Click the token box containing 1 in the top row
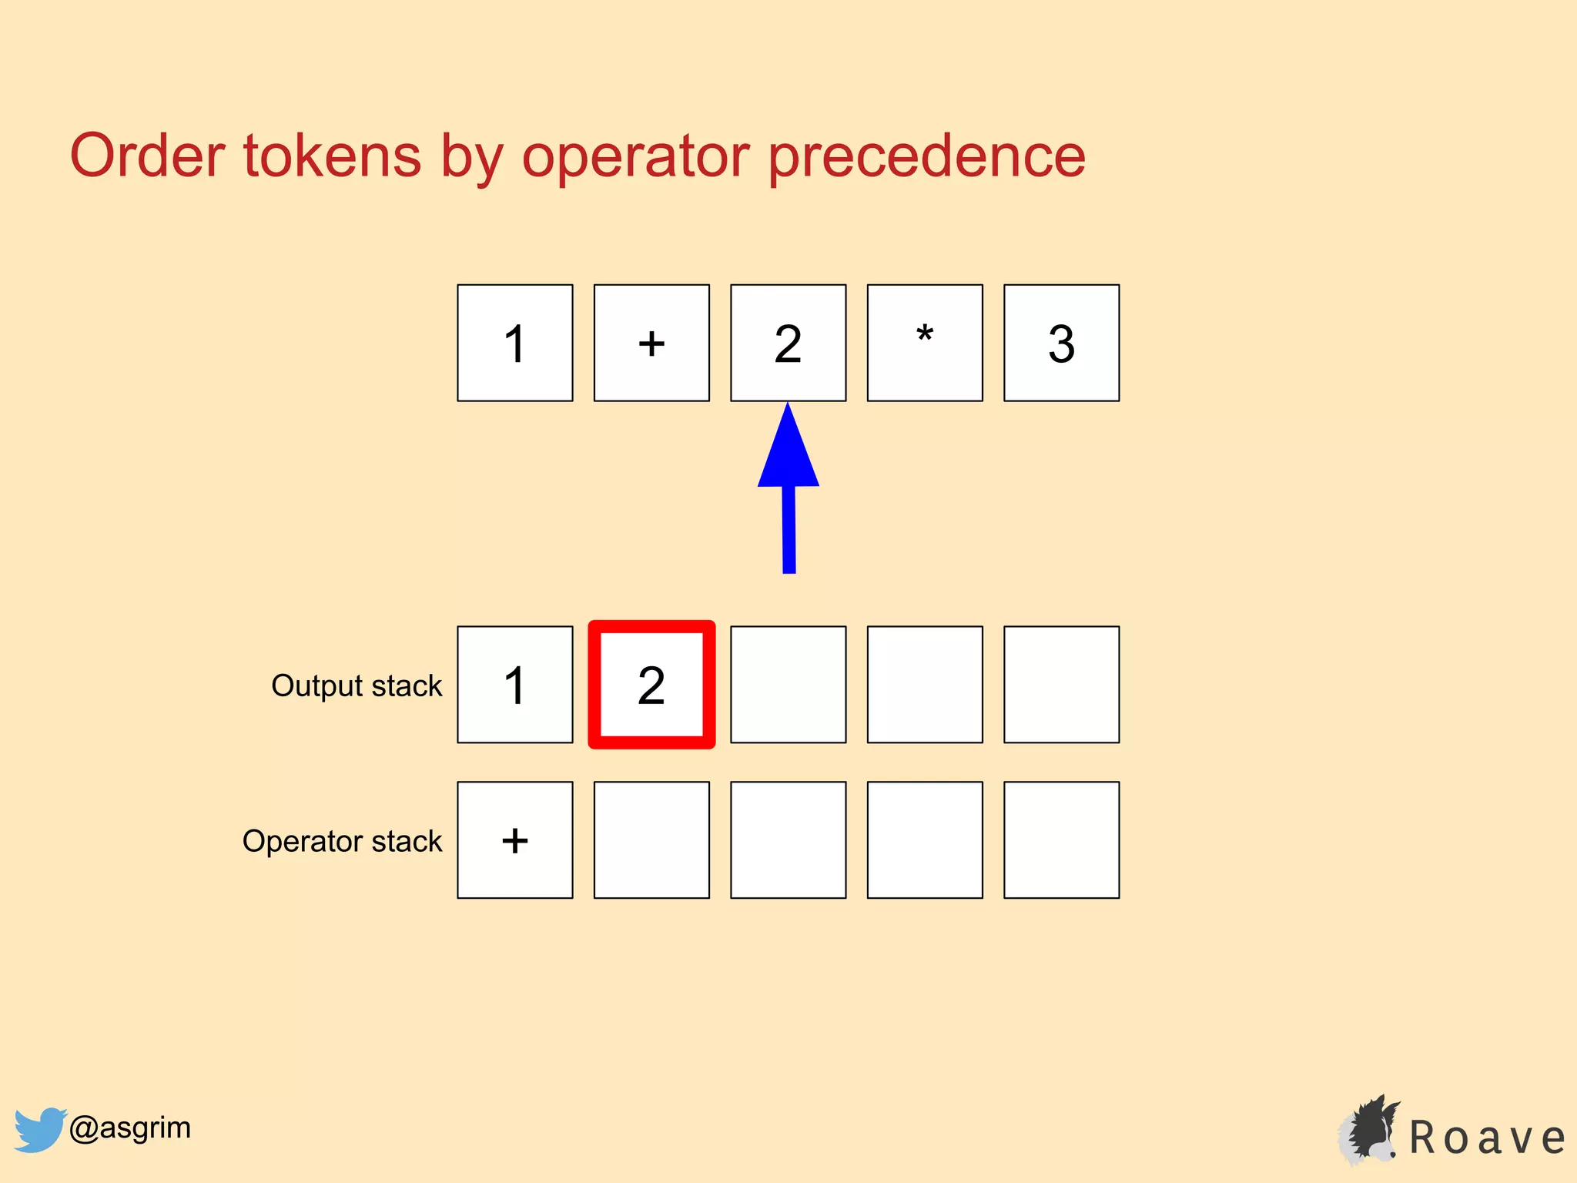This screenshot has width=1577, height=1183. [514, 343]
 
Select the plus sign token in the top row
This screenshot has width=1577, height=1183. [651, 343]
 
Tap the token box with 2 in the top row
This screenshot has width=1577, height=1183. [788, 343]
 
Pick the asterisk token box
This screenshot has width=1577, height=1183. [925, 343]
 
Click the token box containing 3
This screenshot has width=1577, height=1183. [1061, 343]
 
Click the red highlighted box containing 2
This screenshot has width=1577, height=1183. [651, 685]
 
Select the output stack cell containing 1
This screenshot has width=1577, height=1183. [514, 685]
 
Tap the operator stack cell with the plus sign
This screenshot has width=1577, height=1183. [514, 839]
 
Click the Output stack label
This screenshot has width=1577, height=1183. [357, 685]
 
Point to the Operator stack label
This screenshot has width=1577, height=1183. [342, 841]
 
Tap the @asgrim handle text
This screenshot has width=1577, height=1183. [129, 1128]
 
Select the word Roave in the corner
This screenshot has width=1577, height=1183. [1486, 1138]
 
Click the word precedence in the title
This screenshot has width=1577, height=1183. [927, 156]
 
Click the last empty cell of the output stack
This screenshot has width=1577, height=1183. [1061, 685]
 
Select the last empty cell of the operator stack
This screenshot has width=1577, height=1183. [1061, 839]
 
